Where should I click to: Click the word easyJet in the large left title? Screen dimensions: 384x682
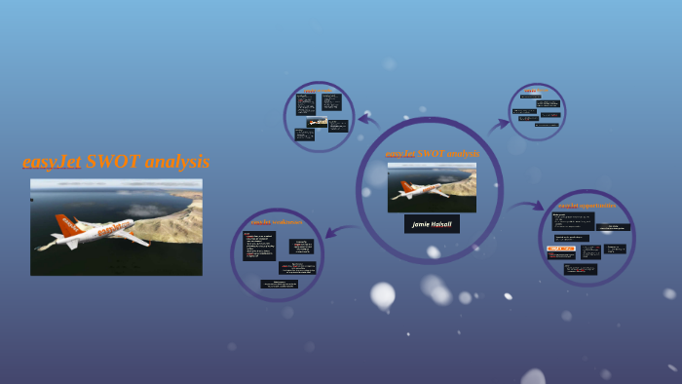[x=52, y=162]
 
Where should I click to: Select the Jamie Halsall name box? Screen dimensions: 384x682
[x=432, y=223]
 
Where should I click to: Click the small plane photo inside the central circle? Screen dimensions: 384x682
[x=432, y=186]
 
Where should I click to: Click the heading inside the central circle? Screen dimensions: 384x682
[x=432, y=154]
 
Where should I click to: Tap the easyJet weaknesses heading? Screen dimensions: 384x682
[x=276, y=222]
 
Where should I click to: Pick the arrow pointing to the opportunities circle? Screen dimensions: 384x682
[x=527, y=206]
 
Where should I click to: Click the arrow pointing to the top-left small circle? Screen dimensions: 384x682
[x=368, y=119]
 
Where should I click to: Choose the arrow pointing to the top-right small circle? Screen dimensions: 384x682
[x=499, y=124]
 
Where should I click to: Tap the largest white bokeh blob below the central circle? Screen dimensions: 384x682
[x=383, y=294]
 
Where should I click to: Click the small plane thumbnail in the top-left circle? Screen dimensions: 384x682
[x=317, y=123]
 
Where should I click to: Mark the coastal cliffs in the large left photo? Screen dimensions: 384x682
[x=166, y=219]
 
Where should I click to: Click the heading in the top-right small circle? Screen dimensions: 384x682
[x=534, y=92]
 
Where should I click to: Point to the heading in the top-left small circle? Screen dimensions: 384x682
[x=318, y=91]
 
